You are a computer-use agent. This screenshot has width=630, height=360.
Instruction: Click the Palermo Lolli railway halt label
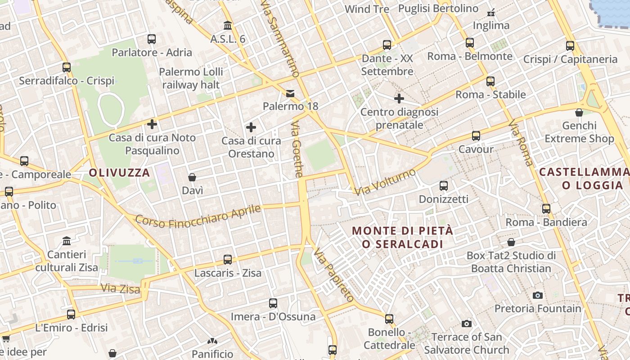tap(191, 78)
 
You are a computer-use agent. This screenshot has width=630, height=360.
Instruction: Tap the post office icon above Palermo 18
tap(290, 94)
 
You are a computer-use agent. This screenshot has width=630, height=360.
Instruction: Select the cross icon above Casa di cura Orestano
tap(251, 128)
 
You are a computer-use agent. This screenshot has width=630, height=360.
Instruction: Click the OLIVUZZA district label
tap(119, 173)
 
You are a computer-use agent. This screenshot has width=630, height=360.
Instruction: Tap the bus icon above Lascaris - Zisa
tap(228, 260)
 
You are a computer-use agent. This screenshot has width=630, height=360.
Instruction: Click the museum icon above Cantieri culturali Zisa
tap(67, 241)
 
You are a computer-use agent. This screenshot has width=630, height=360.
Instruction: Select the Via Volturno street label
tap(385, 182)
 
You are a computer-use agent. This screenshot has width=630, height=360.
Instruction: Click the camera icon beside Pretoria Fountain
tap(537, 296)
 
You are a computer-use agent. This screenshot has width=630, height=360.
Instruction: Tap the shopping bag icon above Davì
tap(192, 177)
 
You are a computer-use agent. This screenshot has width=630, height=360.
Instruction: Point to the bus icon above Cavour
tap(476, 136)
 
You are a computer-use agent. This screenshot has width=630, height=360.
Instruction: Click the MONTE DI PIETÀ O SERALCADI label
tap(402, 237)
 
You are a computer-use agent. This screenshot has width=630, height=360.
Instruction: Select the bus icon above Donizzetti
tap(444, 185)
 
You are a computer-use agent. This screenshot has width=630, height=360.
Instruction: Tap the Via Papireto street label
tap(334, 274)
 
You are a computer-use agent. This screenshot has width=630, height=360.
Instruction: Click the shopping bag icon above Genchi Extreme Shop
tap(579, 112)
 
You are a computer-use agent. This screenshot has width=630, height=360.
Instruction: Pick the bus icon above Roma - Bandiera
tap(546, 209)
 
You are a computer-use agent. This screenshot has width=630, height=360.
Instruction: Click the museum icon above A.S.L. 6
tap(228, 26)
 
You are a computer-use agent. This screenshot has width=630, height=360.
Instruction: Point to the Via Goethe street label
tap(297, 148)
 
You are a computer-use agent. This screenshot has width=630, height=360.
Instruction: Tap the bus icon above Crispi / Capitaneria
tap(570, 46)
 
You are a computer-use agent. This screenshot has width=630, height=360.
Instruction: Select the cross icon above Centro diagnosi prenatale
tap(399, 99)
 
